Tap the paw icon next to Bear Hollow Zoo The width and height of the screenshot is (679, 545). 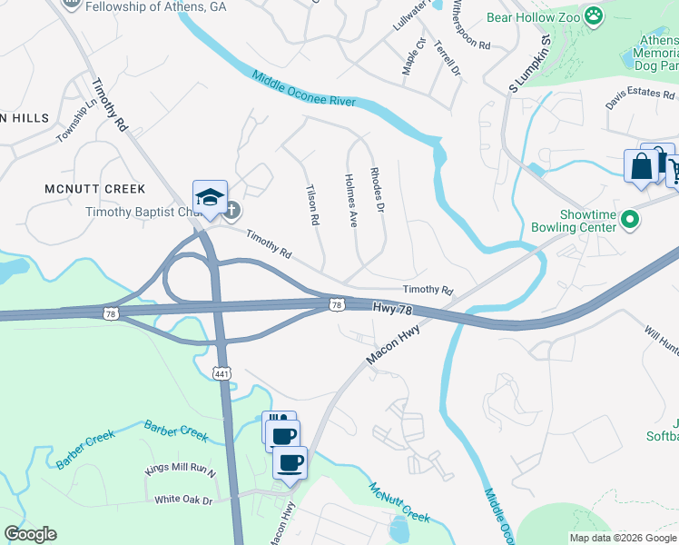[594, 15]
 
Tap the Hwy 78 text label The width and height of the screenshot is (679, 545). [392, 310]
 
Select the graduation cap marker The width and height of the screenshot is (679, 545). [209, 197]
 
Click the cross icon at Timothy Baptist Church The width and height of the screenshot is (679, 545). [231, 211]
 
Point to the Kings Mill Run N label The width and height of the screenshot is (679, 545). [182, 471]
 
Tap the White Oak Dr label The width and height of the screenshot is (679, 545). [183, 500]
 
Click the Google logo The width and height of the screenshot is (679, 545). [30, 534]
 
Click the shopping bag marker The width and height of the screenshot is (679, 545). [642, 167]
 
